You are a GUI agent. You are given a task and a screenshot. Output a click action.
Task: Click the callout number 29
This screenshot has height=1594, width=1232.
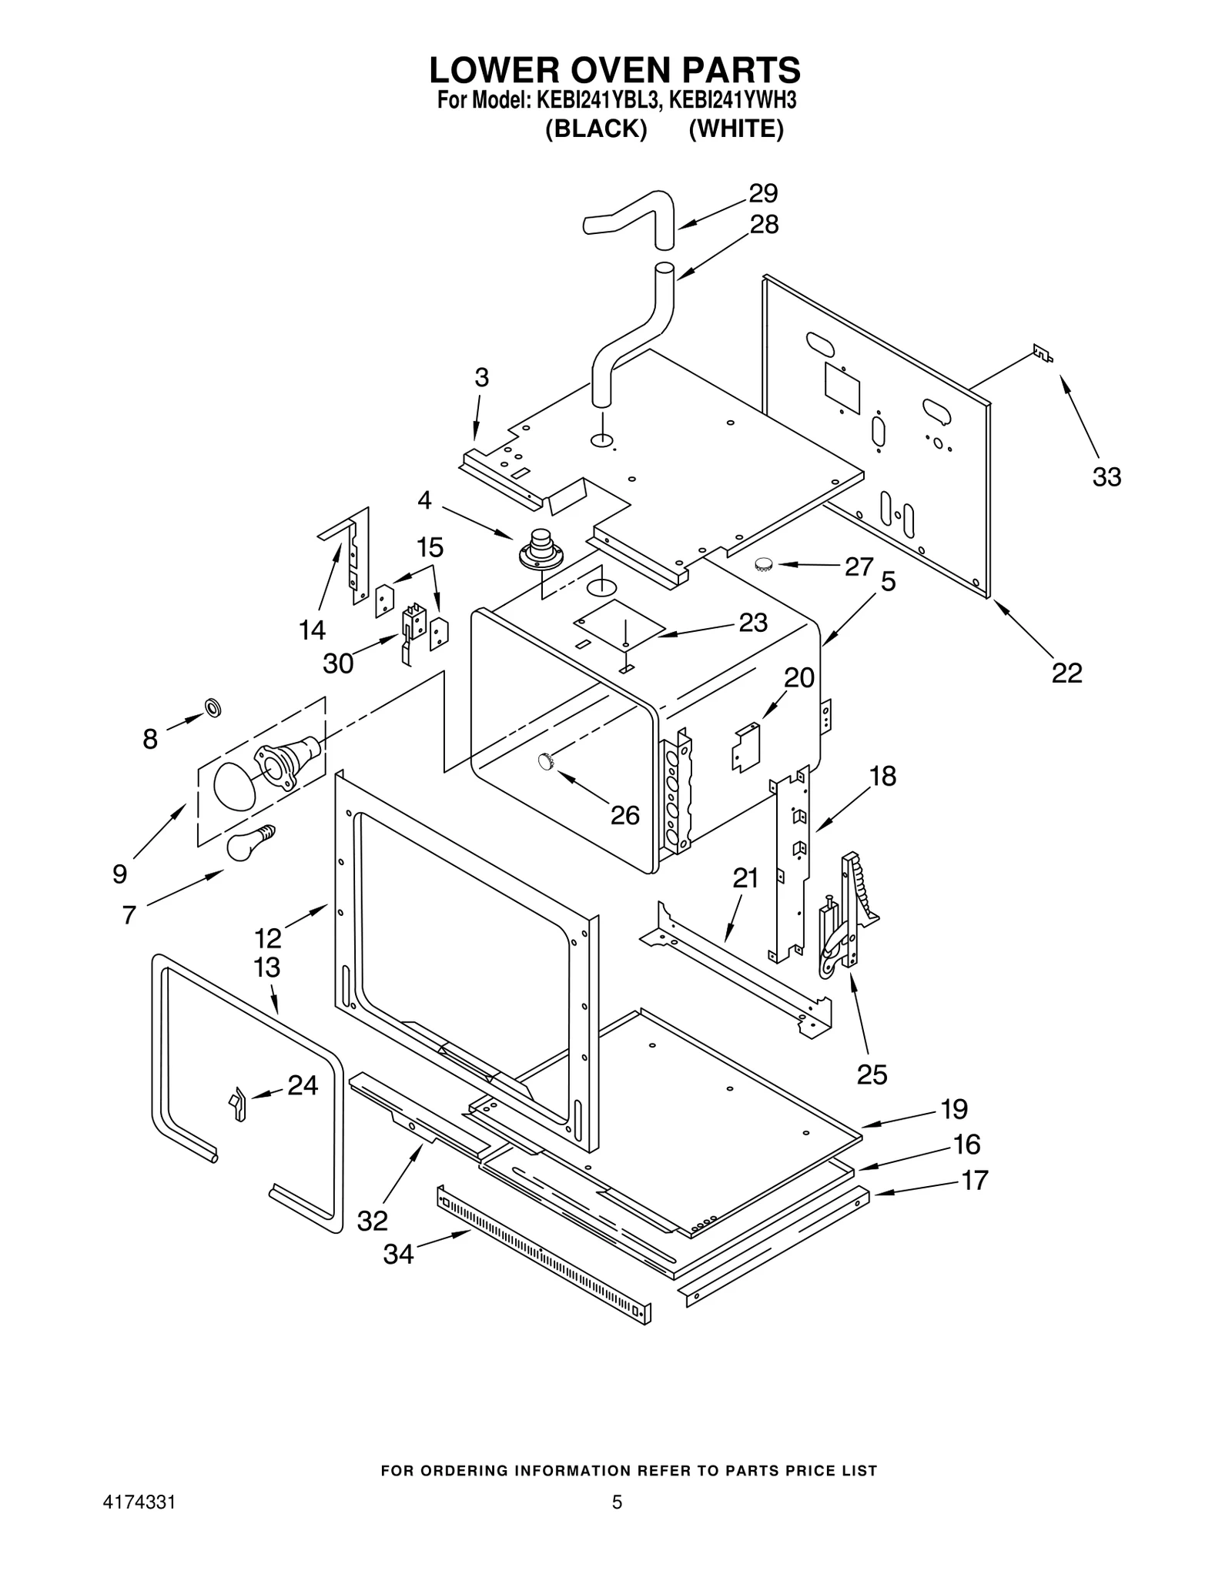click(763, 192)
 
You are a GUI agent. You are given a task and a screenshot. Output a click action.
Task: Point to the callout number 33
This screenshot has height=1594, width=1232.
click(1106, 477)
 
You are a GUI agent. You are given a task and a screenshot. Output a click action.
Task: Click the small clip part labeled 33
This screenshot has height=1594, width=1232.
click(1043, 353)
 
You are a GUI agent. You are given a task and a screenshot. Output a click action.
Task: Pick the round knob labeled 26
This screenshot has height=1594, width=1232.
click(547, 761)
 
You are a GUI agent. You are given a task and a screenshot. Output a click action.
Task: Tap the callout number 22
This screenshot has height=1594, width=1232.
click(1067, 673)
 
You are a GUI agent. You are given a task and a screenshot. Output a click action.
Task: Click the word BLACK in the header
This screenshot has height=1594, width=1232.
click(595, 129)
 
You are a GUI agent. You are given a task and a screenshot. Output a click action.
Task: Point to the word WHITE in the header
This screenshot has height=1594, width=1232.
click(735, 129)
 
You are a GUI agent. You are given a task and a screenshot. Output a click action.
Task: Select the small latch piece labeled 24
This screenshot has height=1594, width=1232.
click(237, 1104)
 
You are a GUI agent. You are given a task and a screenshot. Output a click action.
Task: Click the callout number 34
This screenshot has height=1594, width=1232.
click(398, 1254)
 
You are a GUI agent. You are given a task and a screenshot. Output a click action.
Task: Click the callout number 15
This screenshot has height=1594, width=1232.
click(430, 547)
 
